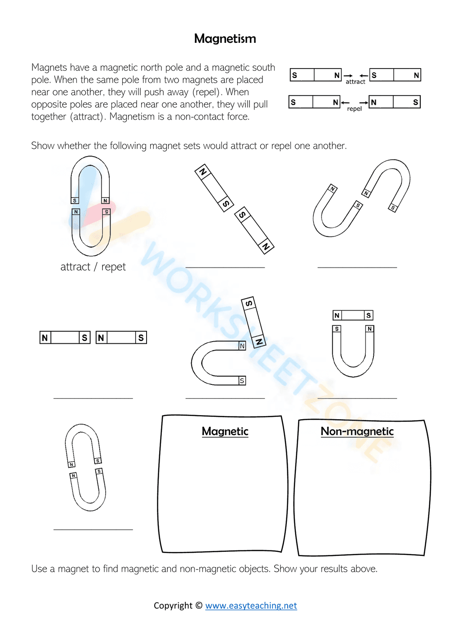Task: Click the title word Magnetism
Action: [x=225, y=39]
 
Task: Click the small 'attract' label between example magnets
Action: [x=355, y=82]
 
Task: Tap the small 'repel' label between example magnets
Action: [x=354, y=109]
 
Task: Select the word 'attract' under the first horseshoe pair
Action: [x=75, y=267]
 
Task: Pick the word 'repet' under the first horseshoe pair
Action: [x=114, y=267]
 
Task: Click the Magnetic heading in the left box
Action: [x=225, y=431]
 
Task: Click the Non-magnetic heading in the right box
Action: [x=357, y=431]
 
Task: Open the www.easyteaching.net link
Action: [x=251, y=606]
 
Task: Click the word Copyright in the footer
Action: [x=173, y=606]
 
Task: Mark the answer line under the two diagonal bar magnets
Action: [x=225, y=267]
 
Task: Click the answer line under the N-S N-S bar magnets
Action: [x=93, y=398]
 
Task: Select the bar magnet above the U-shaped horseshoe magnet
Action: [x=353, y=315]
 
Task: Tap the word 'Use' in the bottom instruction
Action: [x=39, y=569]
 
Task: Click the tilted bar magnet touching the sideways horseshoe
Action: [x=253, y=322]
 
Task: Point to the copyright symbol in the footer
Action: [x=199, y=606]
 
